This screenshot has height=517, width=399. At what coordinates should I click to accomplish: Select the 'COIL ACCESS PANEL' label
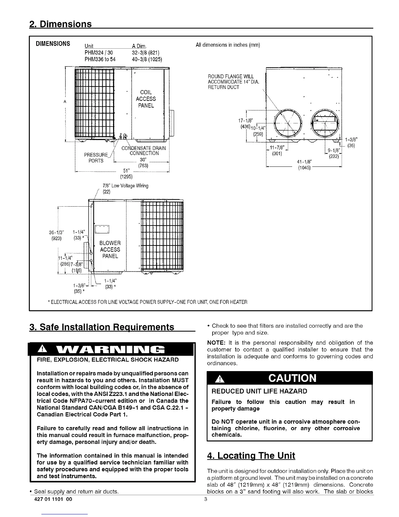[x=146, y=99]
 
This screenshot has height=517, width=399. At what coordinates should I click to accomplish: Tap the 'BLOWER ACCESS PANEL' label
[x=110, y=250]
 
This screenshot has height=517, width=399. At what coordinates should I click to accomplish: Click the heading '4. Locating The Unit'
[x=251, y=455]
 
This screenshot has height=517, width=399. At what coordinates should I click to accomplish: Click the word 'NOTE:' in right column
[x=215, y=343]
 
